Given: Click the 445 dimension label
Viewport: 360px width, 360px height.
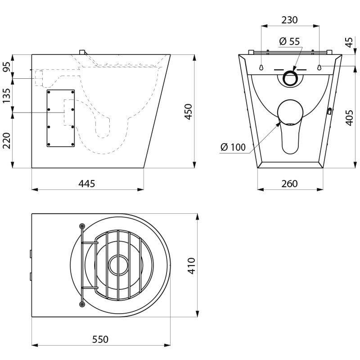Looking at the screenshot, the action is click(x=86, y=184).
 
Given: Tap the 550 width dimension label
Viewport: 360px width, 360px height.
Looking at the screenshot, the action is click(x=100, y=339).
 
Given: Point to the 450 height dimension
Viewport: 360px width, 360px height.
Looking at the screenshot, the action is click(x=188, y=112).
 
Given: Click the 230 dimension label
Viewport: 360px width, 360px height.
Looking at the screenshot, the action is click(x=289, y=20).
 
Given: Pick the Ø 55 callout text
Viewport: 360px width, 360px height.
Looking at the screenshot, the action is click(x=289, y=41).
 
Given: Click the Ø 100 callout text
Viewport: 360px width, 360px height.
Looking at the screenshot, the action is click(x=233, y=147).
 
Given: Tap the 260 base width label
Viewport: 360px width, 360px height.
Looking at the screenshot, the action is click(x=289, y=184).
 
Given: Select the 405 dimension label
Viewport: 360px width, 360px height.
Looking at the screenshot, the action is click(x=349, y=117).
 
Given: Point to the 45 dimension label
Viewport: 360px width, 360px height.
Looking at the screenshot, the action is click(x=349, y=42).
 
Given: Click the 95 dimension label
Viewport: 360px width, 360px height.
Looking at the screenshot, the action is click(x=7, y=67).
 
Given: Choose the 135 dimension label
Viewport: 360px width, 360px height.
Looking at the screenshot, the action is click(x=7, y=95).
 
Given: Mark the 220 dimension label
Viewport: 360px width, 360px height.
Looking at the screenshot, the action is click(x=7, y=140).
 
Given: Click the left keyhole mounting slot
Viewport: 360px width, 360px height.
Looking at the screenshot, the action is click(x=261, y=67).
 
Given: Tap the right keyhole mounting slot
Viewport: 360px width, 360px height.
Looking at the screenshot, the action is click(x=319, y=67).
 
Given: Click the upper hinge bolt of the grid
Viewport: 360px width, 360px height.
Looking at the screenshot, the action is click(x=82, y=226).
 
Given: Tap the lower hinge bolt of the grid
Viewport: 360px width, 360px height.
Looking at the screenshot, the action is click(x=82, y=304).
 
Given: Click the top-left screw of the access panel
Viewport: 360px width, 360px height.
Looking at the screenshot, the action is click(x=49, y=92).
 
